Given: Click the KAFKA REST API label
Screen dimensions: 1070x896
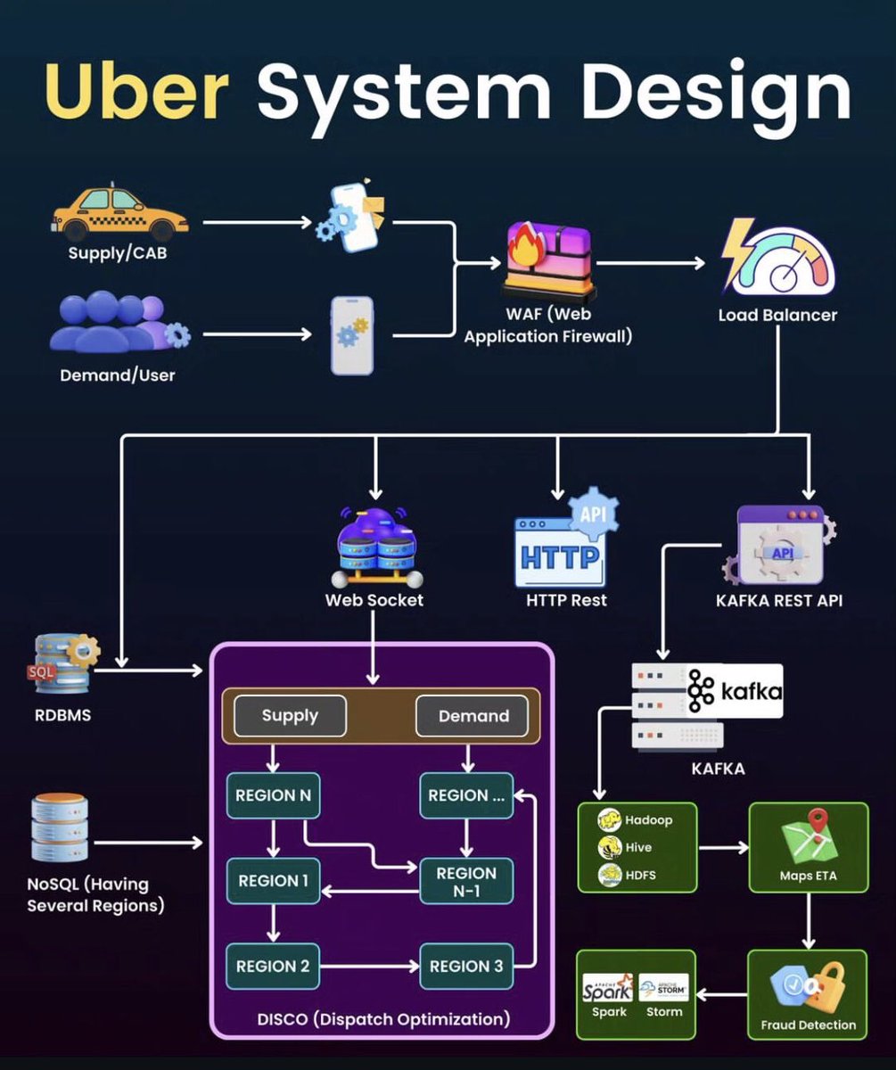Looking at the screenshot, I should coord(778,600).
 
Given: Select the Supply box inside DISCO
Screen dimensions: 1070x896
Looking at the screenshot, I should coord(290,716).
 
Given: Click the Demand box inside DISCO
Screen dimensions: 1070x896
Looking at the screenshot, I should coord(473,716).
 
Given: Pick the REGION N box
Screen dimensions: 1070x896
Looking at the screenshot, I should coord(273,795).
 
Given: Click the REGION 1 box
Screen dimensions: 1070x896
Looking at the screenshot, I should coord(273,881).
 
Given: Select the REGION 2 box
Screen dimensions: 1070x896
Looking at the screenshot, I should coord(273,966).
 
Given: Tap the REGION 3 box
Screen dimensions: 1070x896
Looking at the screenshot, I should coord(465,966).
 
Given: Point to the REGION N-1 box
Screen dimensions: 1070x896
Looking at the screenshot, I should coord(465,881).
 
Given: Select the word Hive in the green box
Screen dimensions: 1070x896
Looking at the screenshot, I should coord(638,847).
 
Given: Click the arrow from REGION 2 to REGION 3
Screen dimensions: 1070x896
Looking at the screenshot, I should coord(369,966).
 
